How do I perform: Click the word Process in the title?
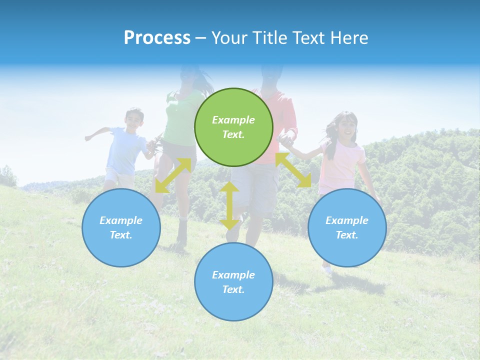157,38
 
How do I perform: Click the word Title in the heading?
269,38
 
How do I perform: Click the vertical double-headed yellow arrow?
229,205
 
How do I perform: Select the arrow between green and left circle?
173,175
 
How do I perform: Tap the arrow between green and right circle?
293,170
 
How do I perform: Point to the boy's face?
133,119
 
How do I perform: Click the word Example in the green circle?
233,120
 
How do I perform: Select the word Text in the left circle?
121,235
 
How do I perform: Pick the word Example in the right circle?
347,220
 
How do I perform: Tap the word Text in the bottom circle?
233,289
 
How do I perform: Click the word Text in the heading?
309,38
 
